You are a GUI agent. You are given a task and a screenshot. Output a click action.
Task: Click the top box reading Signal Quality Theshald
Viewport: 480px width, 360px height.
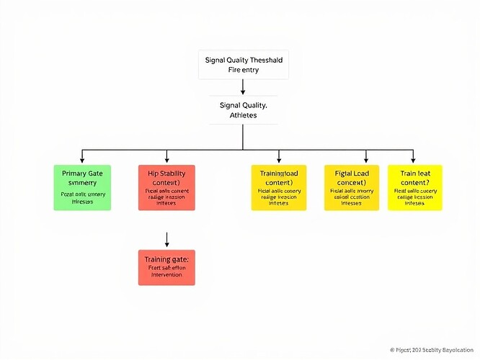click(243, 65)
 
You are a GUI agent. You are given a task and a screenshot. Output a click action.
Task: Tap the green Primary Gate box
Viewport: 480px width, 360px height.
click(83, 187)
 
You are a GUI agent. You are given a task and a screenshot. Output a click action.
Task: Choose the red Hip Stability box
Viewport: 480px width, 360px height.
click(166, 187)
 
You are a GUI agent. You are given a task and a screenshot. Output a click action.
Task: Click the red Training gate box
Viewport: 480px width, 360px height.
click(166, 266)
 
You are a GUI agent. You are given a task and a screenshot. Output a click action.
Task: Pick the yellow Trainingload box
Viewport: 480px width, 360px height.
click(279, 187)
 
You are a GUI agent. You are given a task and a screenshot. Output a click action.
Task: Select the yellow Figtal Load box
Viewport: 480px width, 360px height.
click(352, 187)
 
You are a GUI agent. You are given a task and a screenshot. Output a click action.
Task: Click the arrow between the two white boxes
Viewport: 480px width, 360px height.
click(243, 87)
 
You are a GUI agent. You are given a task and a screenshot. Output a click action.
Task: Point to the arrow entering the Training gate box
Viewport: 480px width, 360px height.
click(166, 239)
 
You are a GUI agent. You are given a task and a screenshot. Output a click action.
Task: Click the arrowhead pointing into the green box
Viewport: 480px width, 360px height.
click(83, 159)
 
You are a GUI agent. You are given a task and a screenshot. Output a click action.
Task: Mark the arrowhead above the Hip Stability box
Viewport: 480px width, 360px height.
click(166, 159)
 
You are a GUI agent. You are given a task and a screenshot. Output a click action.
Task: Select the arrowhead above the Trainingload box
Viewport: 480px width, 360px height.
click(279, 159)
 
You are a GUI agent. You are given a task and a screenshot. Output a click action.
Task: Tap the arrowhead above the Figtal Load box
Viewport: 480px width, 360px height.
click(366, 159)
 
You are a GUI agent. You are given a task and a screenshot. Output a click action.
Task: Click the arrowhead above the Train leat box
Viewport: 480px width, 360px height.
click(413, 159)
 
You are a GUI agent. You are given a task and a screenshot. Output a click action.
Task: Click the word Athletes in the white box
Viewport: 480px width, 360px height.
click(243, 117)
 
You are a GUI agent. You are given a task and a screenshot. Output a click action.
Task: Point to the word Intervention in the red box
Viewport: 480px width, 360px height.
click(166, 275)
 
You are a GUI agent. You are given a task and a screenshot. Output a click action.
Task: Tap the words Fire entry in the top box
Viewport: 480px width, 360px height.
click(243, 71)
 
